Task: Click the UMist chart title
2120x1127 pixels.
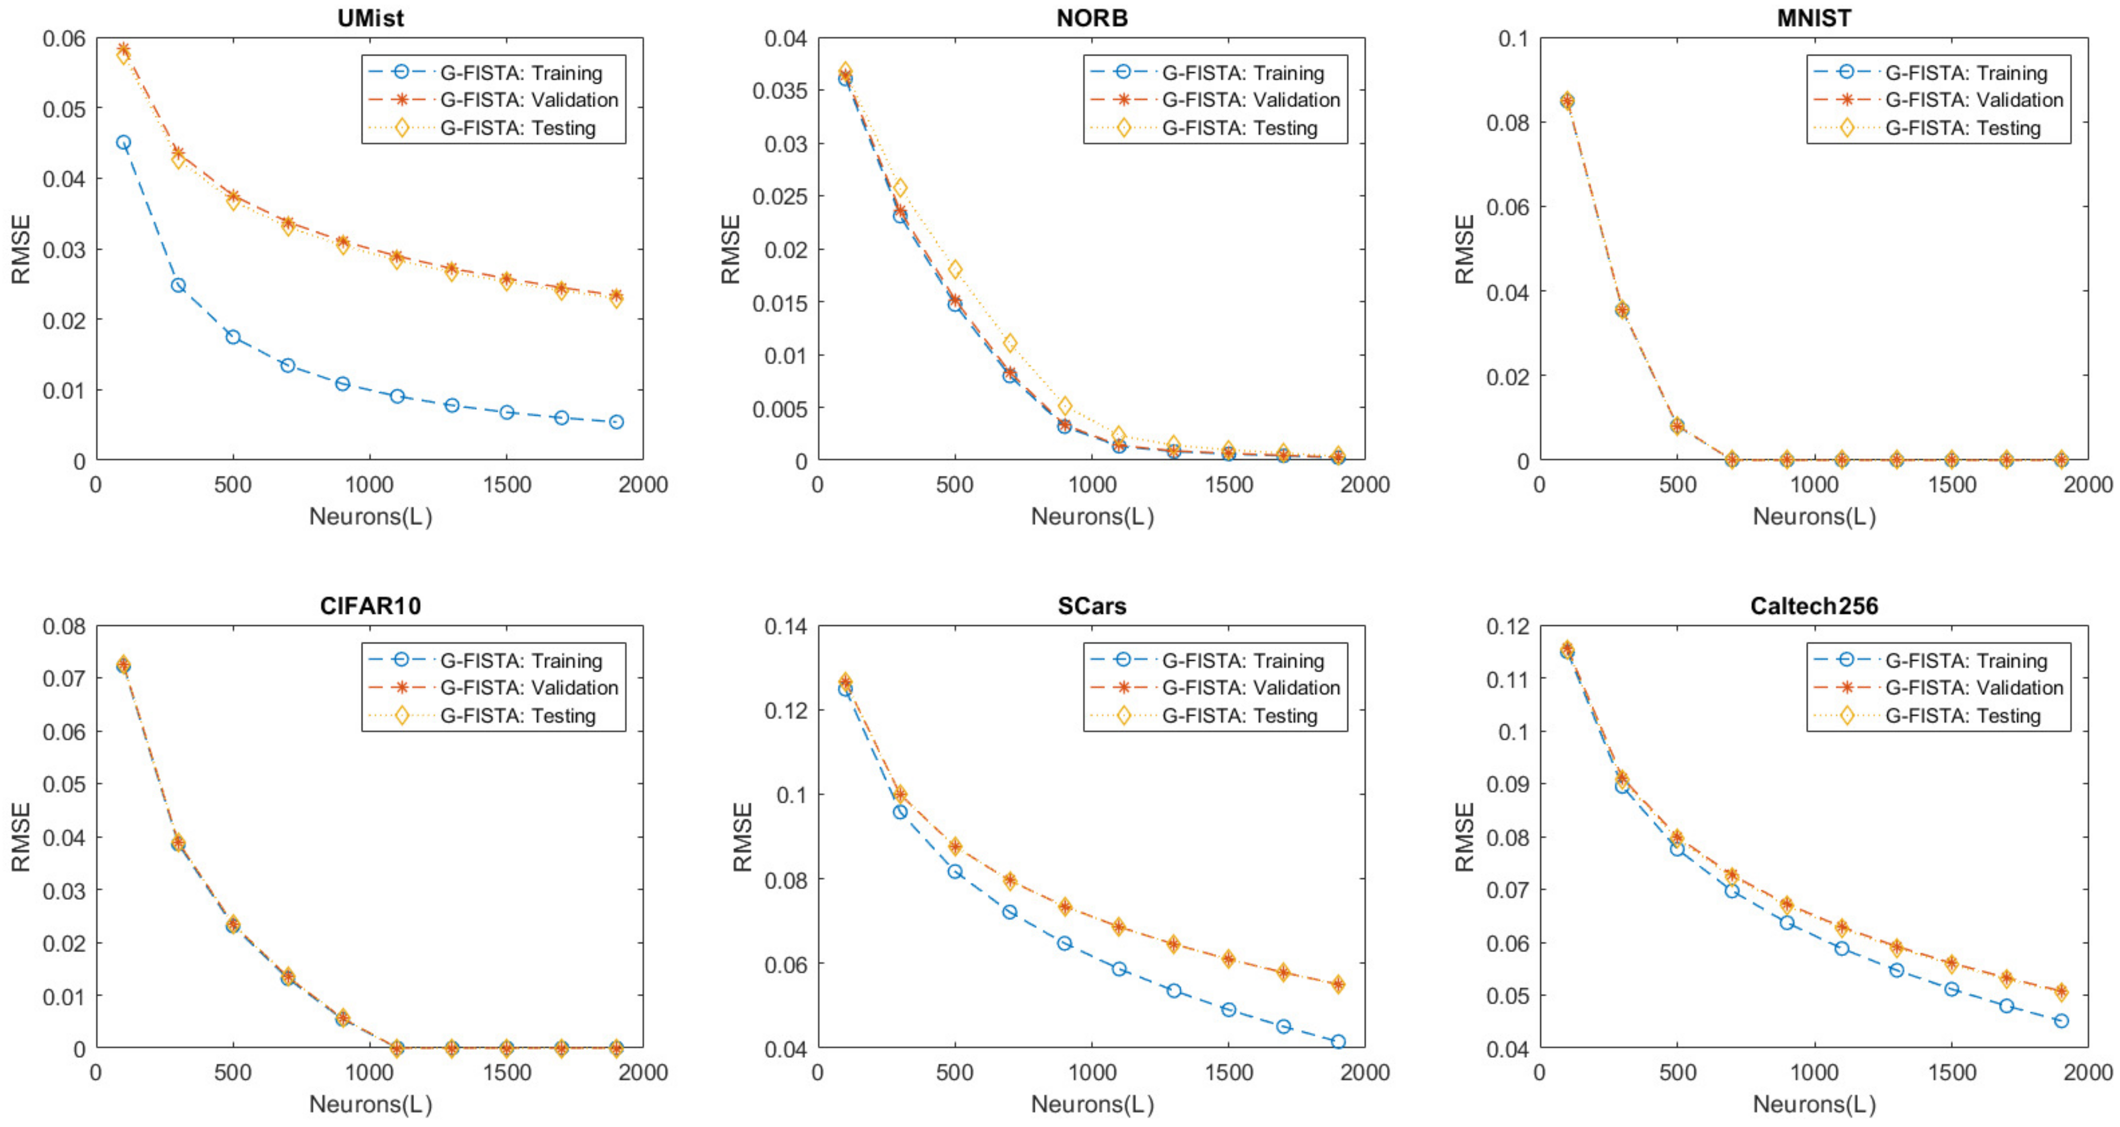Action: click(370, 18)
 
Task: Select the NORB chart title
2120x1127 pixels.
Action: click(1092, 18)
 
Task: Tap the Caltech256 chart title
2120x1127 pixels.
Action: click(1814, 606)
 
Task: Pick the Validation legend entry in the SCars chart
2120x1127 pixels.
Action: click(1250, 688)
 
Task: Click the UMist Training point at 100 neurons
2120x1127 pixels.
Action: click(124, 142)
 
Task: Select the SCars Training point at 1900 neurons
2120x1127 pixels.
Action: click(1338, 1041)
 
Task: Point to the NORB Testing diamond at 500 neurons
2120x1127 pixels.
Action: click(955, 270)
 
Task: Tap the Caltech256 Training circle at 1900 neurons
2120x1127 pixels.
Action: click(2061, 1021)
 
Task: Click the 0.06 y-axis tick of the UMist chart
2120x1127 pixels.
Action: click(64, 39)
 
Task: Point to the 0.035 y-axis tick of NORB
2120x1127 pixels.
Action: click(781, 91)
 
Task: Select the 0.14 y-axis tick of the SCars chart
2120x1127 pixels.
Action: click(786, 627)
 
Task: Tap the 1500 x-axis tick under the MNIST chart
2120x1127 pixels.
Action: click(1951, 484)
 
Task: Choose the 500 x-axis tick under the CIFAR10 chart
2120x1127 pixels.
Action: click(233, 1073)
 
